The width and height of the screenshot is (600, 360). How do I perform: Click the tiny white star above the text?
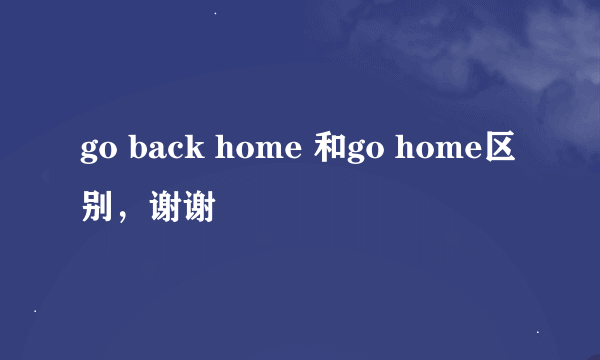(216, 12)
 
